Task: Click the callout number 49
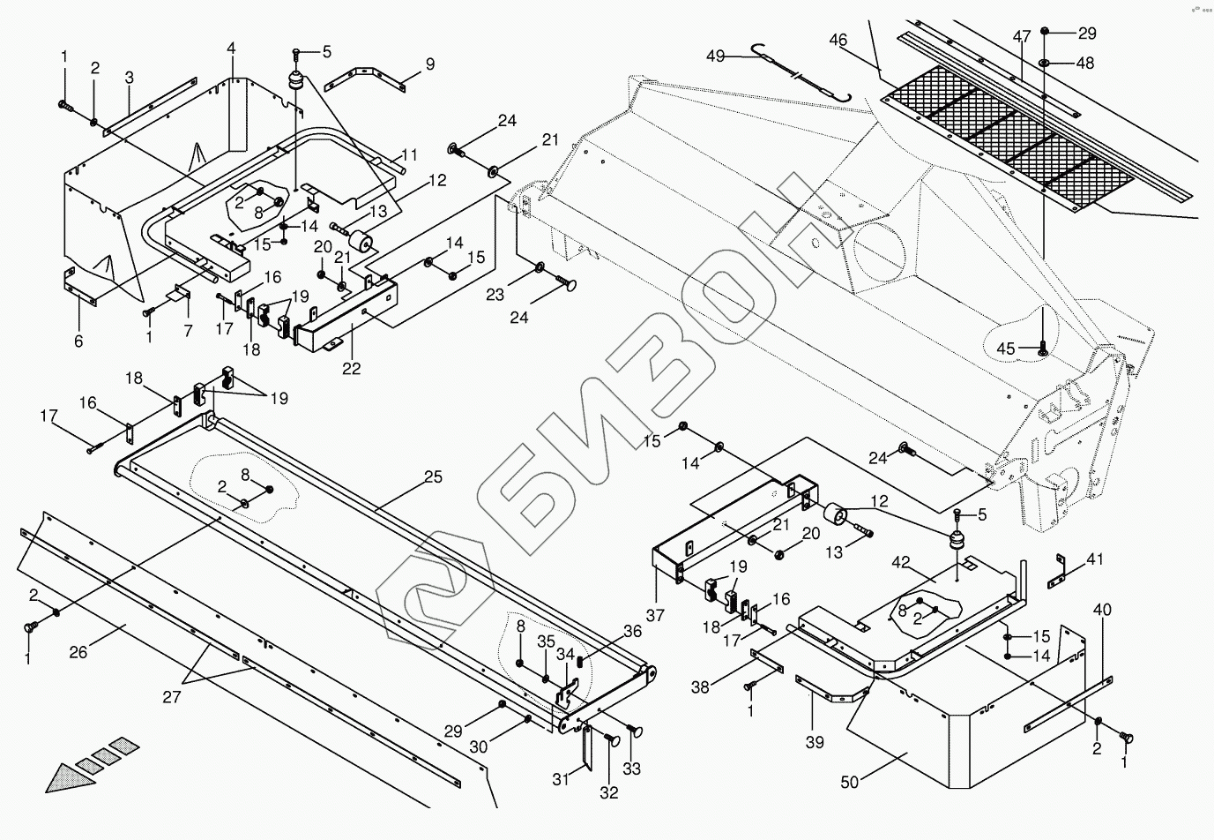pyautogui.click(x=715, y=56)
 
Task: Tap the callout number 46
pyautogui.click(x=838, y=40)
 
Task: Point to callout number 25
pyautogui.click(x=433, y=477)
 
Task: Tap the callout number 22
pyautogui.click(x=351, y=369)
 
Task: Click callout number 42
pyautogui.click(x=900, y=561)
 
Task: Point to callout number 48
pyautogui.click(x=1084, y=63)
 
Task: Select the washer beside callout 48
pyautogui.click(x=1045, y=63)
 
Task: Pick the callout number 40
pyautogui.click(x=1102, y=609)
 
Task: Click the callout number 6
pyautogui.click(x=78, y=341)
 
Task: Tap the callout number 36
pyautogui.click(x=632, y=631)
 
